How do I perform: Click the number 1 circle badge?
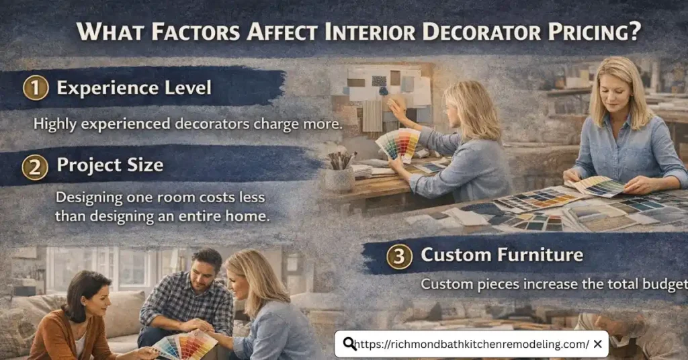(x=35, y=88)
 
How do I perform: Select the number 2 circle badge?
(x=35, y=165)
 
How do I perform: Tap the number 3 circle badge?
(x=399, y=255)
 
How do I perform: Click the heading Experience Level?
(x=134, y=88)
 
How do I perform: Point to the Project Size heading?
(x=110, y=165)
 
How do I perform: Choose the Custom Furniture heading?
(x=501, y=255)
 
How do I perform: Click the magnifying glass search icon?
(x=349, y=345)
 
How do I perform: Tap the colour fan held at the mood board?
(x=398, y=143)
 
